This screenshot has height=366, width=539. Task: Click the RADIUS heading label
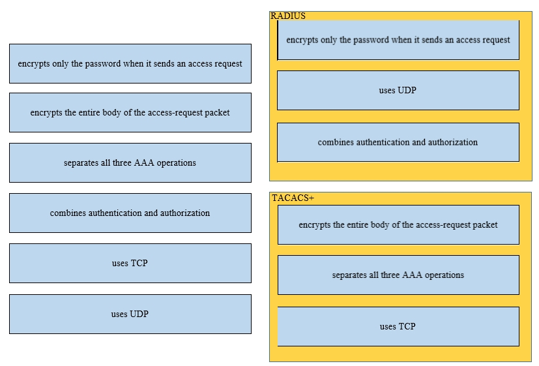pyautogui.click(x=287, y=16)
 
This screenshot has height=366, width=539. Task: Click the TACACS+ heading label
pyautogui.click(x=293, y=198)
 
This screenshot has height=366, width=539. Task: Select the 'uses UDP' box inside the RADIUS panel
pyautogui.click(x=398, y=91)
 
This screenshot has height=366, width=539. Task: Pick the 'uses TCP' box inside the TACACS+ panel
pyautogui.click(x=398, y=326)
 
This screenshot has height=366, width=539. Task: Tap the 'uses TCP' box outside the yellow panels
pyautogui.click(x=130, y=263)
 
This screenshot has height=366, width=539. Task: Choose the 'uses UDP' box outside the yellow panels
pyautogui.click(x=130, y=314)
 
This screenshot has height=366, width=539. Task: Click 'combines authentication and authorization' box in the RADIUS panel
pyautogui.click(x=398, y=142)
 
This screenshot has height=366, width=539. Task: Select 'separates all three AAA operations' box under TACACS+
pyautogui.click(x=398, y=275)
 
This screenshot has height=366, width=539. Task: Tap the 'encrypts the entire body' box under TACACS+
pyautogui.click(x=398, y=224)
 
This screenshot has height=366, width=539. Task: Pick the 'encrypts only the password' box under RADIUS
pyautogui.click(x=398, y=40)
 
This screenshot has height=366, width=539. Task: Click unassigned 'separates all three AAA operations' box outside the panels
pyautogui.click(x=130, y=162)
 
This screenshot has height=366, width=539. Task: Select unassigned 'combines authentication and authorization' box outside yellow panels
pyautogui.click(x=130, y=213)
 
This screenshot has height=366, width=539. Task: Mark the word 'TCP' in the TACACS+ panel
pyautogui.click(x=407, y=326)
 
